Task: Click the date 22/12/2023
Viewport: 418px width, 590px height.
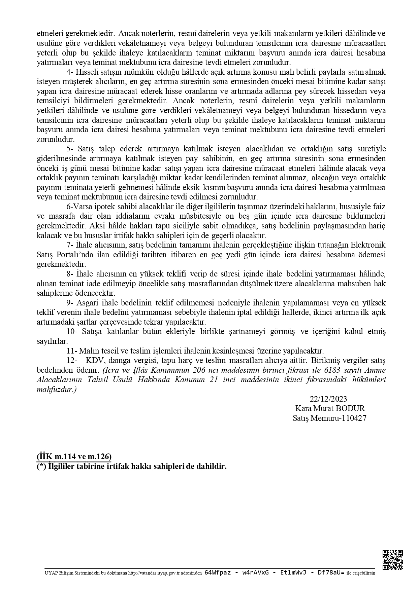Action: (x=328, y=399)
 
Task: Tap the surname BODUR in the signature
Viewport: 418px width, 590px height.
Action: (x=354, y=408)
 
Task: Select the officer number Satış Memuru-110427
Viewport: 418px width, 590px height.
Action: (x=329, y=418)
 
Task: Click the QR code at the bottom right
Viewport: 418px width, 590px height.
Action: (x=393, y=560)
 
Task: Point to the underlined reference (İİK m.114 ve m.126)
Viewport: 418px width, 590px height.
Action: (x=74, y=457)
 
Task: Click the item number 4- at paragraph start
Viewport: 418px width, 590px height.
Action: (x=70, y=72)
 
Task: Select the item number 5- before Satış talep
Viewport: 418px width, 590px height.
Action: (x=70, y=149)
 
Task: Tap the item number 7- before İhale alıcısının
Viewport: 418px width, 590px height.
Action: (x=70, y=245)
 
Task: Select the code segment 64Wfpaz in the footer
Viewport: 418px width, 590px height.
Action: (x=218, y=573)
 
